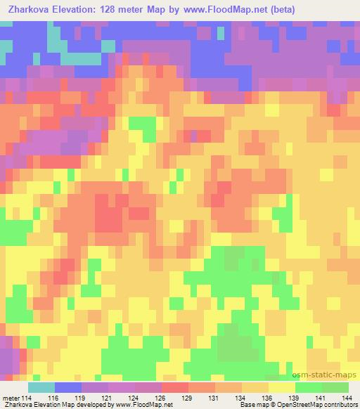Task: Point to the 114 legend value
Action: (27, 398)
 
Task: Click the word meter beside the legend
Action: (11, 398)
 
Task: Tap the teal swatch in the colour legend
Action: (41, 387)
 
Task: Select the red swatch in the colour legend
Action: (174, 387)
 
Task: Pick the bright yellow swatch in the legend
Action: (281, 387)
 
